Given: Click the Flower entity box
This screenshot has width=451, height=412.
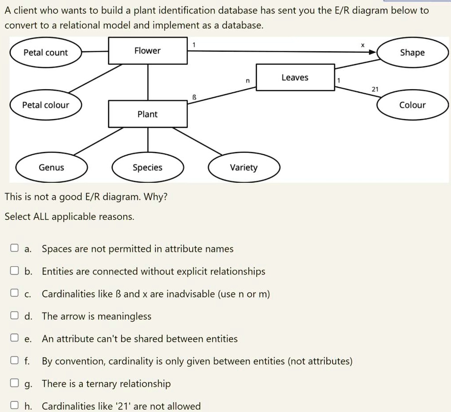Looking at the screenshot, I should click(147, 51).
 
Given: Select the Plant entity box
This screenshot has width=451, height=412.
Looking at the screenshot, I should click(147, 114).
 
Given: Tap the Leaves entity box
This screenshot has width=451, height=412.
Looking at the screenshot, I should click(295, 78).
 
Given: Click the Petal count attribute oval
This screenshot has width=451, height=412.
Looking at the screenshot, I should click(46, 53).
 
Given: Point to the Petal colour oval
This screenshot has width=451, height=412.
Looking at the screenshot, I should click(46, 105).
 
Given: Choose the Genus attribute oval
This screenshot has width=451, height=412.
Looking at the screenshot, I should click(51, 168).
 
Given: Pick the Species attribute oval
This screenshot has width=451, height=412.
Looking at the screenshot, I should click(147, 168).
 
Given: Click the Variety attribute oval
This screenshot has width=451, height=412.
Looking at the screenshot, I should click(244, 168).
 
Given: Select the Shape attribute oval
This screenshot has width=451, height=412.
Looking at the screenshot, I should click(412, 53).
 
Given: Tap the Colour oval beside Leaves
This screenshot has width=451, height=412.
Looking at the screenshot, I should click(412, 105).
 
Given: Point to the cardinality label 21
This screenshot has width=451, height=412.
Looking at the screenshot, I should click(375, 90).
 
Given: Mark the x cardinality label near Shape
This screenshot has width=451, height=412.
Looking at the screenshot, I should click(362, 45).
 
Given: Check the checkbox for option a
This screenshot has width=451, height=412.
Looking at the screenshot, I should click(15, 248).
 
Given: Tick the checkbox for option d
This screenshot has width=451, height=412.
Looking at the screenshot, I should click(15, 316).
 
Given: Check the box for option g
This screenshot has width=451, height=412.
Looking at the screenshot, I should click(15, 383).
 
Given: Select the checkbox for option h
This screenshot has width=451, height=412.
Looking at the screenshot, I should click(15, 406).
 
